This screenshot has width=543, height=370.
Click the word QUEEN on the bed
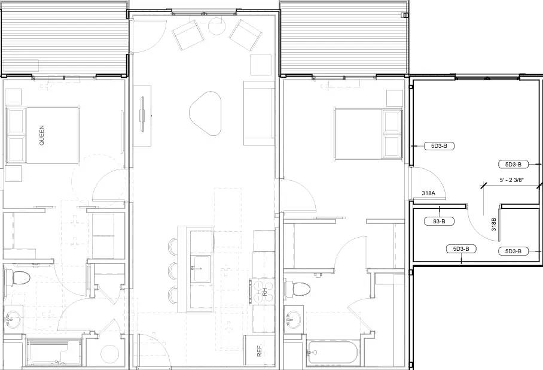[41, 135]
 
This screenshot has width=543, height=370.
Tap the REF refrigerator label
[260, 351]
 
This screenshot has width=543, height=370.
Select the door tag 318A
[428, 193]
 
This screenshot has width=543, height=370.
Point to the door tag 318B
[494, 224]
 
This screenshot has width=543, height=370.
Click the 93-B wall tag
[440, 222]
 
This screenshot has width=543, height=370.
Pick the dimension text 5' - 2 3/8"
[511, 180]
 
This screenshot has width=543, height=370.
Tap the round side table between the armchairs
[216, 26]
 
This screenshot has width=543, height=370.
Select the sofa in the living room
[258, 113]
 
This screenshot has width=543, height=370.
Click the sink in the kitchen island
[200, 269]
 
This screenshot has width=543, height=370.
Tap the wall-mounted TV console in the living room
[142, 116]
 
